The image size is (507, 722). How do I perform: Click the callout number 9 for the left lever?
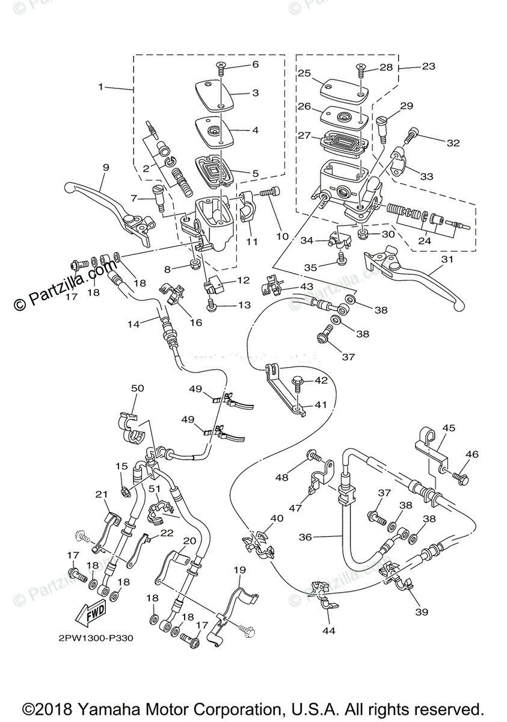pyautogui.click(x=105, y=168)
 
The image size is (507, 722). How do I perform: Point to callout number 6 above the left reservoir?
pyautogui.click(x=255, y=64)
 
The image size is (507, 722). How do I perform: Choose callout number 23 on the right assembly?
pyautogui.click(x=428, y=67)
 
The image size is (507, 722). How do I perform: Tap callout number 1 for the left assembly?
pyautogui.click(x=101, y=87)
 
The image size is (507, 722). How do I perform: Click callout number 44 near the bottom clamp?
pyautogui.click(x=330, y=631)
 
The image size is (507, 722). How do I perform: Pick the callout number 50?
pyautogui.click(x=137, y=389)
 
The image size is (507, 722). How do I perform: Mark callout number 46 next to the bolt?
pyautogui.click(x=472, y=454)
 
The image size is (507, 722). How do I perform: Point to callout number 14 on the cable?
pyautogui.click(x=133, y=324)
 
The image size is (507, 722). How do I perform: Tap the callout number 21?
pyautogui.click(x=101, y=494)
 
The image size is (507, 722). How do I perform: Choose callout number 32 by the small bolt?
pyautogui.click(x=453, y=143)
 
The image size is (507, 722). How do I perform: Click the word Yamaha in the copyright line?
pyautogui.click(x=155, y=708)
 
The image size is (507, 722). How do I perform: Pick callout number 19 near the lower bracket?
pyautogui.click(x=239, y=569)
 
